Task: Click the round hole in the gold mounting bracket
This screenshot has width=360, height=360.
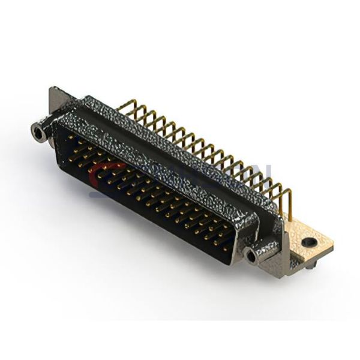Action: click(x=310, y=241)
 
